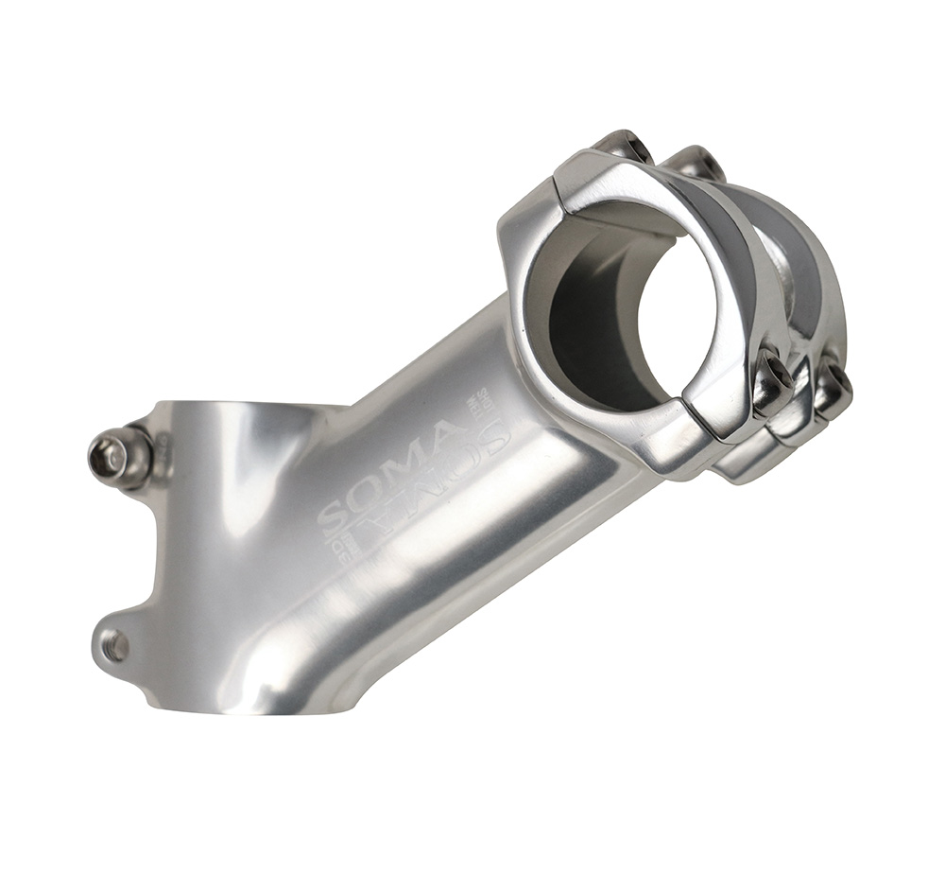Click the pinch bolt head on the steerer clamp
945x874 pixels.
pos(108,458)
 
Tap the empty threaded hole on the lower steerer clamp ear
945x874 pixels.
pos(115,647)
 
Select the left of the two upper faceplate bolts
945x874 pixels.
pos(625,146)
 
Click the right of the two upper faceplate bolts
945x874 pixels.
pos(699,163)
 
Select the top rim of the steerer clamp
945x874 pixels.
pos(246,409)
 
